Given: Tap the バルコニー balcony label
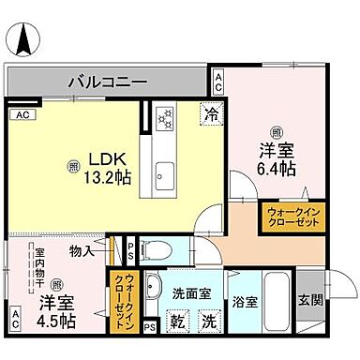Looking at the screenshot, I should pyautogui.click(x=107, y=82).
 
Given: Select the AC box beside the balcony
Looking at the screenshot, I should pyautogui.click(x=217, y=82).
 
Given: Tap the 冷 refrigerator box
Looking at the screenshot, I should pyautogui.click(x=213, y=113).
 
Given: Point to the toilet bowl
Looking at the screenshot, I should pyautogui.click(x=161, y=249).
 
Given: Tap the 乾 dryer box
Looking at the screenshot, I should pyautogui.click(x=175, y=322).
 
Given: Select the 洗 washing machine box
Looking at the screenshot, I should pyautogui.click(x=206, y=322).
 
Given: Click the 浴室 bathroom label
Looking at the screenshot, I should pyautogui.click(x=245, y=303).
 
